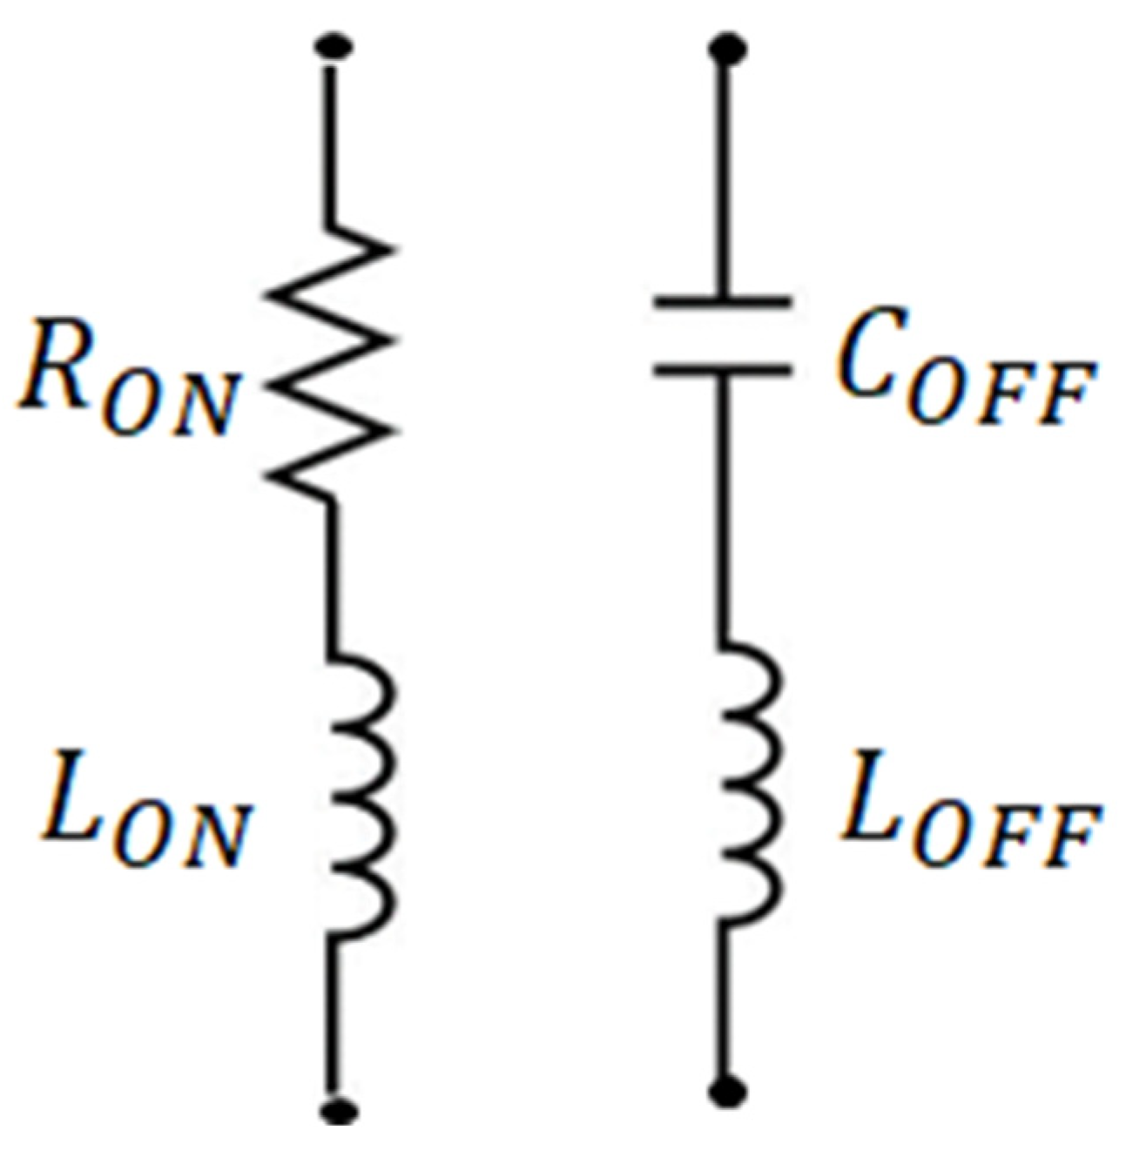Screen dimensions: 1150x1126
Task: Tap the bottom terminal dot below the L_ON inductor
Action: (335, 1110)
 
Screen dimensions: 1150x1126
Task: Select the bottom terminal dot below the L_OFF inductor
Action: (725, 1093)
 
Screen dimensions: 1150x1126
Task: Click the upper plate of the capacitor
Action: (723, 303)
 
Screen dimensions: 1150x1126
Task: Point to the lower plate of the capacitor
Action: (723, 369)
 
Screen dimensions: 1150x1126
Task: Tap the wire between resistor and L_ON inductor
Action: (331, 575)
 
